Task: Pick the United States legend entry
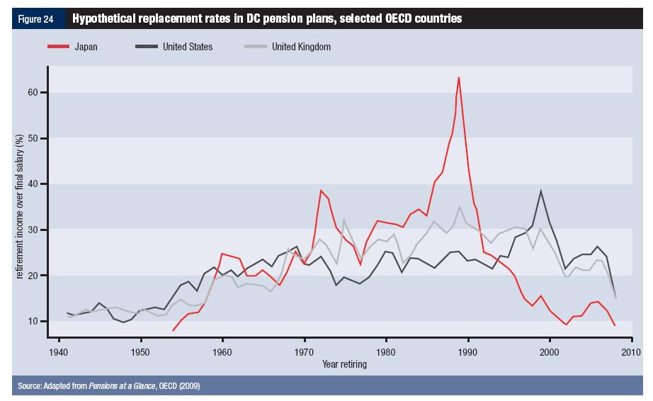coord(187,47)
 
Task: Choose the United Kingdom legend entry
coord(301,47)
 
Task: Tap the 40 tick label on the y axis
coord(32,184)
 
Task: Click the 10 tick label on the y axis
coord(32,321)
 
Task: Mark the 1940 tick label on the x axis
coord(59,352)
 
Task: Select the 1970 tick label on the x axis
coord(305,352)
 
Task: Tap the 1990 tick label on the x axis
coord(467,352)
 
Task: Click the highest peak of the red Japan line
coord(459,77)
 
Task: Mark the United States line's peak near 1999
coord(541,191)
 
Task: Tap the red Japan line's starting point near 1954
coord(174,330)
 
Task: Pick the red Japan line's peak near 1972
coord(321,190)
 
